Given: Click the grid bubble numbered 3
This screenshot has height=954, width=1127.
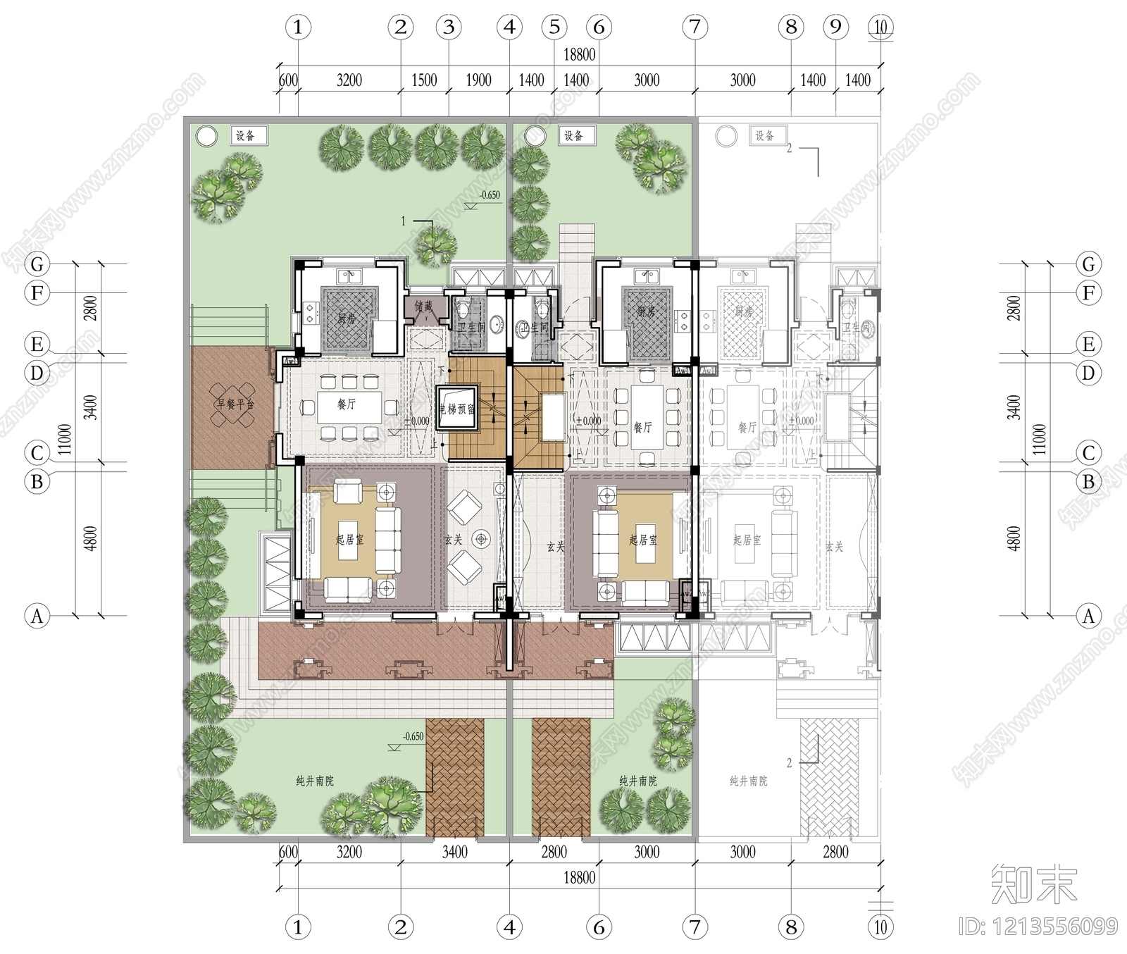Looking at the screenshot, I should click(x=449, y=27).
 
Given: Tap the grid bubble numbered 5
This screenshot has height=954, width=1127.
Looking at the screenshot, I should click(x=554, y=27).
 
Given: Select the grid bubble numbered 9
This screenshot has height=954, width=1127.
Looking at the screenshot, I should click(x=835, y=27).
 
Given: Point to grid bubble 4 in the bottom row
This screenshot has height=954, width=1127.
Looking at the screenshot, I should click(x=509, y=927).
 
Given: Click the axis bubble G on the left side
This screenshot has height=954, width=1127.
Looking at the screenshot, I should click(x=37, y=264).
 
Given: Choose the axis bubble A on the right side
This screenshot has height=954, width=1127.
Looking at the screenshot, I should click(x=1088, y=616).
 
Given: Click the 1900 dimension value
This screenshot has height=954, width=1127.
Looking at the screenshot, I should click(x=478, y=80).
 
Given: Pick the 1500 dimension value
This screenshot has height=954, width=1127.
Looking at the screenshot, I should click(x=424, y=80).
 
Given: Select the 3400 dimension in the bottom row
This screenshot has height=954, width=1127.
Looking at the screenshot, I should click(x=454, y=852).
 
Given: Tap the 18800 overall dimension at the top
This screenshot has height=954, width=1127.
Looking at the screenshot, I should click(x=579, y=54).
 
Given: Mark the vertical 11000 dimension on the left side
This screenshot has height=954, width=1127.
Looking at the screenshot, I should click(x=65, y=439).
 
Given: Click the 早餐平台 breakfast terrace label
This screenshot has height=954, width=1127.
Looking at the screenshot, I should click(x=235, y=404).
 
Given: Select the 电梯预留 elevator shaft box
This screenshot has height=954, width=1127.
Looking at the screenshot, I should click(x=457, y=409).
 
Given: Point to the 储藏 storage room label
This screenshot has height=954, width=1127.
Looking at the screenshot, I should click(x=423, y=307).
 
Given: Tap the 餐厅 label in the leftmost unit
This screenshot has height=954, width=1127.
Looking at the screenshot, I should click(x=346, y=404).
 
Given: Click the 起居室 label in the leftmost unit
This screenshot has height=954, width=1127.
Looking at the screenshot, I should click(x=349, y=540).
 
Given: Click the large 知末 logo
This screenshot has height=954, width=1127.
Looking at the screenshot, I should click(x=1034, y=884).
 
